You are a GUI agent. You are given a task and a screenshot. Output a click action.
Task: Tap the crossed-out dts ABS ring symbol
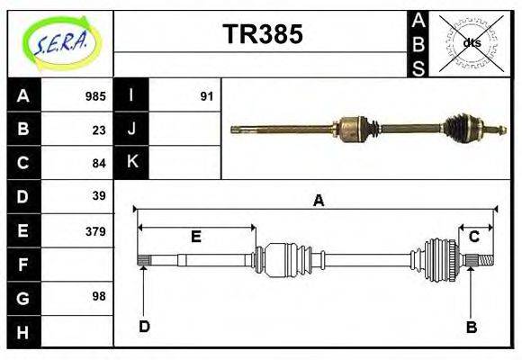click(x=470, y=42)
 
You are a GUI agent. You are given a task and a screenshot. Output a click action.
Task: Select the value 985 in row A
click(x=94, y=96)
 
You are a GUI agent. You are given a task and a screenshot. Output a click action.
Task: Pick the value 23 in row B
click(x=98, y=130)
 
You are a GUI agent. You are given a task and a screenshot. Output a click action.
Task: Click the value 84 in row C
click(x=98, y=163)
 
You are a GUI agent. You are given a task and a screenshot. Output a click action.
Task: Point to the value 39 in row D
click(x=98, y=196)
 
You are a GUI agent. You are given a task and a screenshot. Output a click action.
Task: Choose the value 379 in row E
click(x=94, y=230)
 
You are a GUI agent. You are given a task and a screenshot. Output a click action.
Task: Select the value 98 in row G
click(x=98, y=295)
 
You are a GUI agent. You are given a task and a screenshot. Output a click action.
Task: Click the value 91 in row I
click(x=206, y=96)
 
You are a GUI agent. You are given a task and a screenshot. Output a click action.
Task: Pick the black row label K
click(x=131, y=162)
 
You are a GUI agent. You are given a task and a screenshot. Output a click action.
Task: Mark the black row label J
click(x=131, y=130)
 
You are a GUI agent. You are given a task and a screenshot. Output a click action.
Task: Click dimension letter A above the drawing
click(x=318, y=201)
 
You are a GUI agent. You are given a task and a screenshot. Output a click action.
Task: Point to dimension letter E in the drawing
click(x=195, y=237)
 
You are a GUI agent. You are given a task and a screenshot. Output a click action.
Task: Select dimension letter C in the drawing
click(x=473, y=237)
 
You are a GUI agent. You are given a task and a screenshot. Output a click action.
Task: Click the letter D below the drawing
click(x=144, y=327)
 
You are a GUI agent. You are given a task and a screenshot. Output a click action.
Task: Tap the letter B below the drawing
click(x=471, y=327)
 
